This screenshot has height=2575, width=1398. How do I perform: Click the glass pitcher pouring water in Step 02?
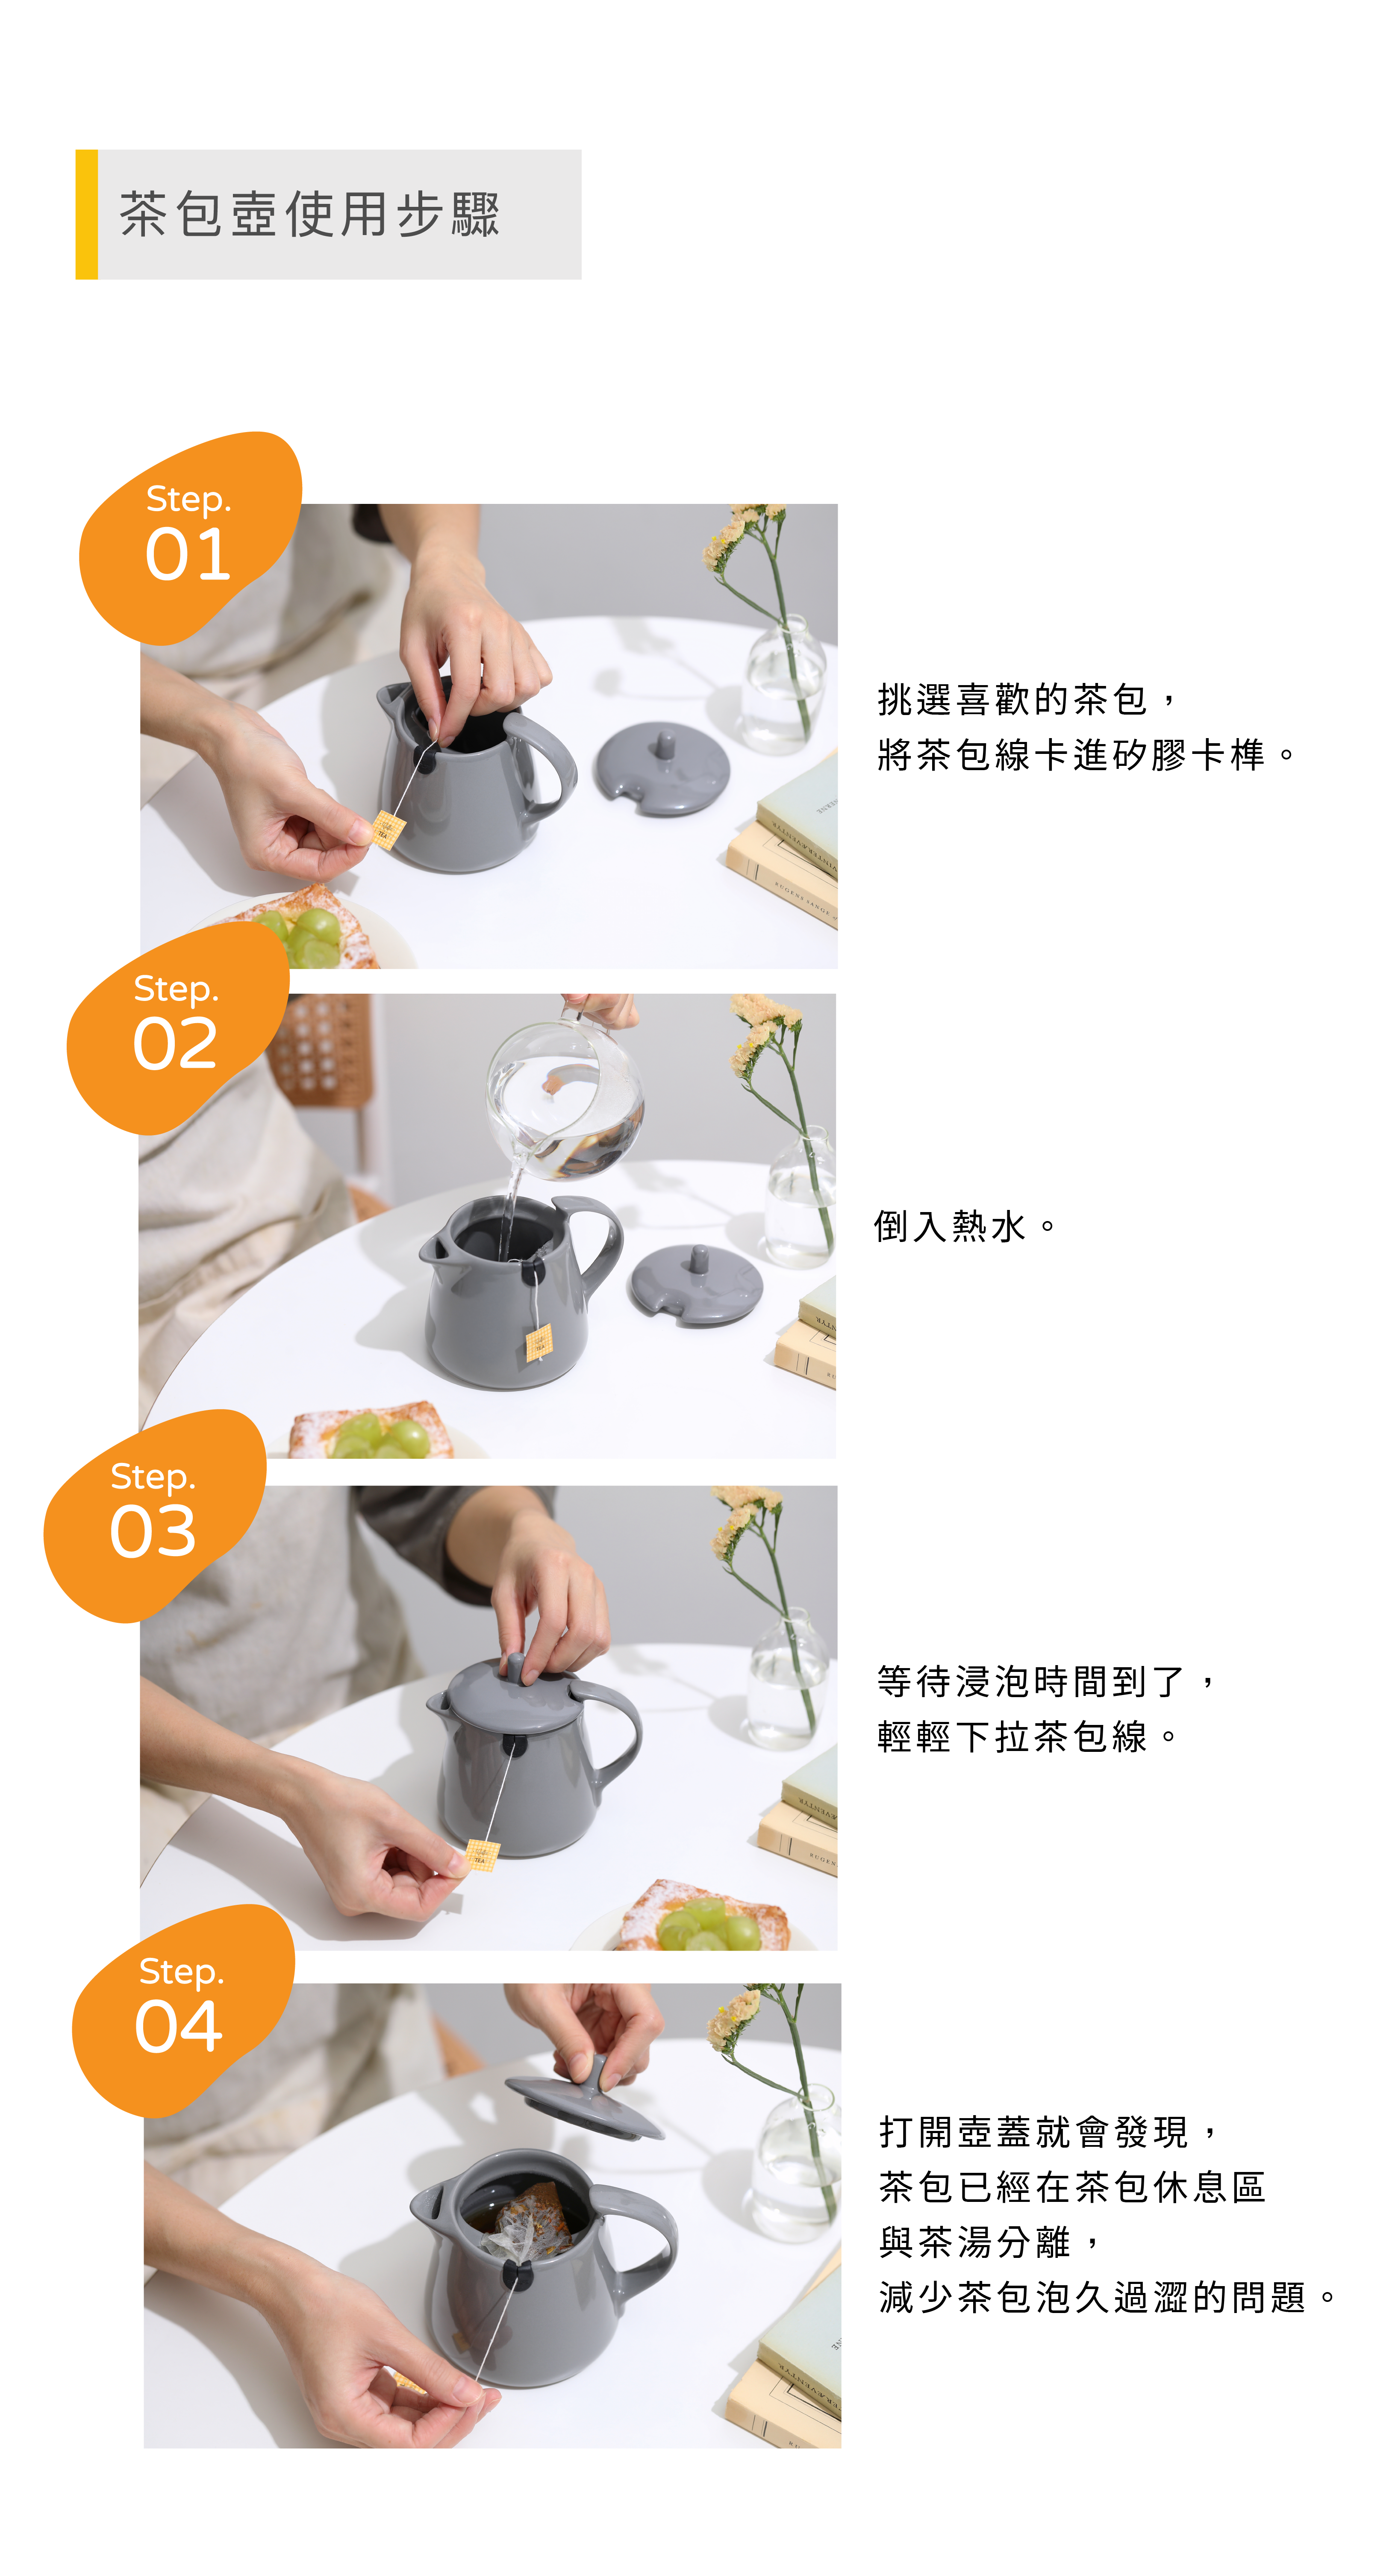[565, 1095]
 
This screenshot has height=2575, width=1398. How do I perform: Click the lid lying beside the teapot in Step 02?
[697, 1283]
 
